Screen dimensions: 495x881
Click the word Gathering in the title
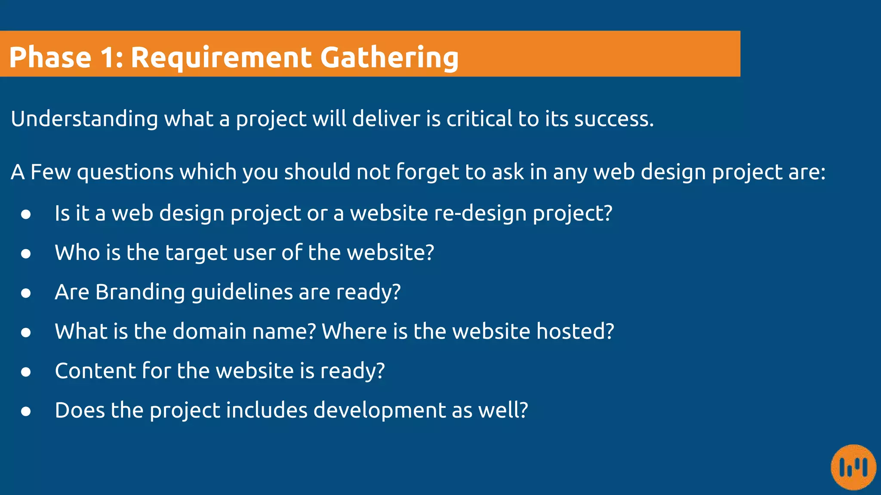click(x=389, y=58)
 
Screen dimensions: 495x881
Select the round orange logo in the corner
click(x=853, y=467)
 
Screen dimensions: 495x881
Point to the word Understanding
click(x=84, y=119)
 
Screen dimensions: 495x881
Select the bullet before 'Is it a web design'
click(x=26, y=214)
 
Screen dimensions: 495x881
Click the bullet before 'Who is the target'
click(x=26, y=254)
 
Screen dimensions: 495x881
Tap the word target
click(x=196, y=253)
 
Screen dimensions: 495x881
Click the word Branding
click(x=140, y=292)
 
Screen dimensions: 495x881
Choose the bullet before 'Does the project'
click(x=26, y=411)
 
